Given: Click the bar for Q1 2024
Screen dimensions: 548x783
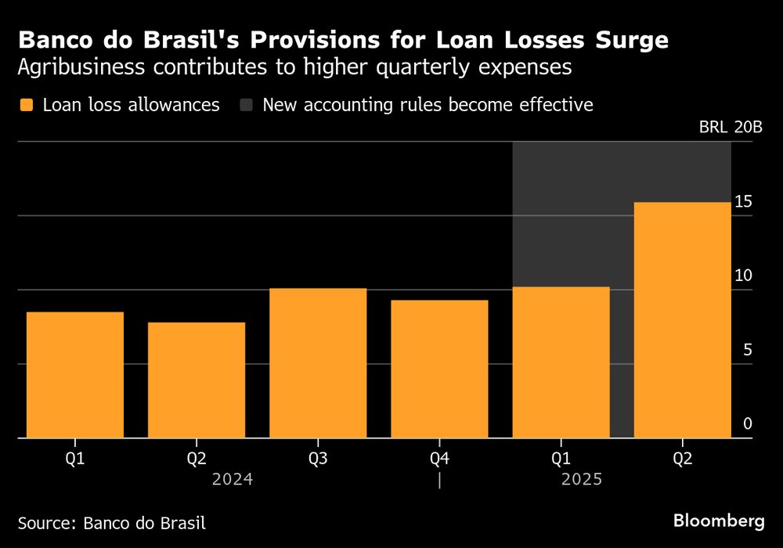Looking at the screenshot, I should [75, 375].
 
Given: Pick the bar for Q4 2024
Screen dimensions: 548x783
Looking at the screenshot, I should [439, 369].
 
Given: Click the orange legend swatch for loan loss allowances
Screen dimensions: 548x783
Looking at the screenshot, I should [27, 105].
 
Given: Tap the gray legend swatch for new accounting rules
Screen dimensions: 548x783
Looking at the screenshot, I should [247, 105].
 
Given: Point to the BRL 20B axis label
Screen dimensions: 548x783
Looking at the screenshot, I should [730, 128].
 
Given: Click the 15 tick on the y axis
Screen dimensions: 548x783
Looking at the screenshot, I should [743, 201].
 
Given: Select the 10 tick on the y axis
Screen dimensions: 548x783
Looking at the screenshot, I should [743, 276].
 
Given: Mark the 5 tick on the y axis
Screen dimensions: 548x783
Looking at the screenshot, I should [747, 349].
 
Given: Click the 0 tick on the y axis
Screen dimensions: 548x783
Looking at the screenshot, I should [747, 424].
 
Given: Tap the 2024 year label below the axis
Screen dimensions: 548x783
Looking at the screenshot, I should [233, 479].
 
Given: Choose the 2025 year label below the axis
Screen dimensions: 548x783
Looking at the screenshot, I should [582, 479].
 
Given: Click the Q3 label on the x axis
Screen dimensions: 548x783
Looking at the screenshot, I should [318, 458].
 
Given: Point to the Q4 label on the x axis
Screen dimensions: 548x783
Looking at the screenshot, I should [439, 458].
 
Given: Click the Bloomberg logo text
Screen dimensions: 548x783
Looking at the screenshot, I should [719, 521].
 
